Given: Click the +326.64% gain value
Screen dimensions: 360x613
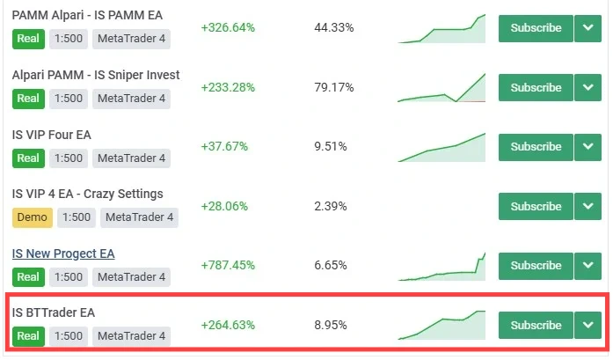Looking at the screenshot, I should click(x=228, y=27).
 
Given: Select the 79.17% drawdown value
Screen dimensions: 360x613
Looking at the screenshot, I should click(x=333, y=87).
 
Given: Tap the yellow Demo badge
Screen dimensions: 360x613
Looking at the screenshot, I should click(x=32, y=217).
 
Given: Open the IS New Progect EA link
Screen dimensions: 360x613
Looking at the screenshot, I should click(x=63, y=253).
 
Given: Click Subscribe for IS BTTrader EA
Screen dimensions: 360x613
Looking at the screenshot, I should click(x=536, y=325).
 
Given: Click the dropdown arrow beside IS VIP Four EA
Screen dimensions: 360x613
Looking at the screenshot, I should click(x=587, y=146).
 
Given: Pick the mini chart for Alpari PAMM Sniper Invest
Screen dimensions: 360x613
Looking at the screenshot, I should click(x=442, y=88).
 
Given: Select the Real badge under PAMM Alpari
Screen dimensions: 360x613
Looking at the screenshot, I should click(x=28, y=39).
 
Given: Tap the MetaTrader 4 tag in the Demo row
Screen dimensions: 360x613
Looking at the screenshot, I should click(x=140, y=217).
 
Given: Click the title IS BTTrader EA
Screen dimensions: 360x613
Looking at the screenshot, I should click(x=53, y=312).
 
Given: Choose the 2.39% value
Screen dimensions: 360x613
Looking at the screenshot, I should click(x=331, y=206).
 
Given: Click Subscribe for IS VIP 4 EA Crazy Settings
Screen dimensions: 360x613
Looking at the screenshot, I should click(x=536, y=206).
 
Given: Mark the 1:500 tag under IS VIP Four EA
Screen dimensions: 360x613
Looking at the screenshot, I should click(x=69, y=158).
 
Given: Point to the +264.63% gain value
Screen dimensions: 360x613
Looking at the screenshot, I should click(x=228, y=325).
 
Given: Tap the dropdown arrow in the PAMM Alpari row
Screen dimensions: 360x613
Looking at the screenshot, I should click(x=587, y=27).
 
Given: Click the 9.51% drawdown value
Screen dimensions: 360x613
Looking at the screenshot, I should click(x=331, y=146).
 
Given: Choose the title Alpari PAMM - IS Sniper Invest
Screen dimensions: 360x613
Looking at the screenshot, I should click(x=96, y=75).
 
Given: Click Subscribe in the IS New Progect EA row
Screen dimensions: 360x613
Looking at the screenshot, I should click(x=536, y=265).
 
